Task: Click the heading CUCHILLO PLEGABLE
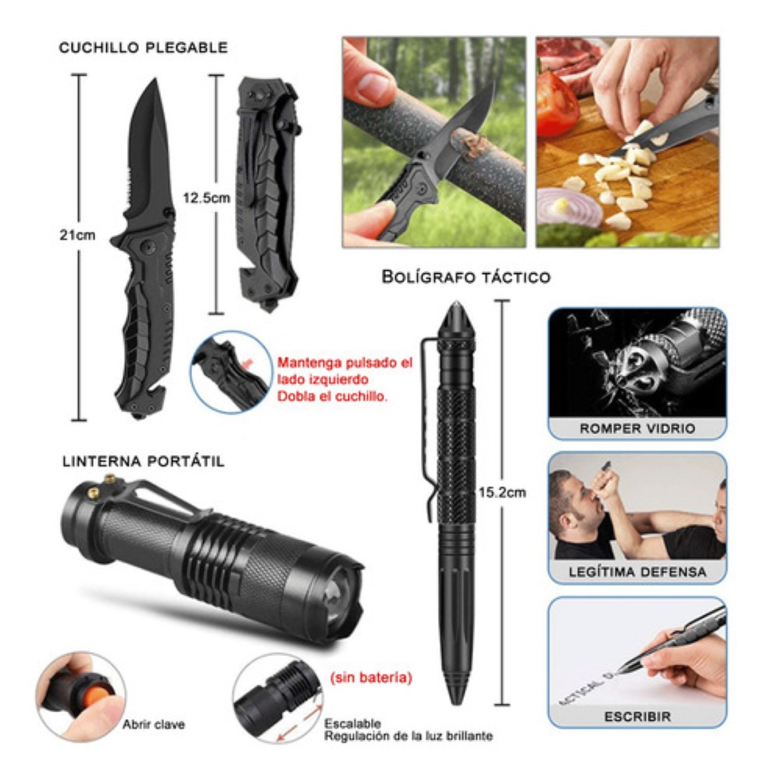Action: point(143,48)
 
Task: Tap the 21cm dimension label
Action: point(77,235)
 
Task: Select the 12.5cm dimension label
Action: point(206,198)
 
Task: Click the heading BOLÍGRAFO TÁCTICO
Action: point(466,277)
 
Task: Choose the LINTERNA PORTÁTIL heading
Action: point(144,461)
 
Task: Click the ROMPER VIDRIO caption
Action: point(637,428)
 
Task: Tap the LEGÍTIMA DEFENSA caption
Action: point(637,572)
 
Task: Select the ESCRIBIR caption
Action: point(637,717)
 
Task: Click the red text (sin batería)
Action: point(371,678)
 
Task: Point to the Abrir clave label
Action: point(154,724)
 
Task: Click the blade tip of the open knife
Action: point(154,82)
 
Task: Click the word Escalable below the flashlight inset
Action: point(353,724)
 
